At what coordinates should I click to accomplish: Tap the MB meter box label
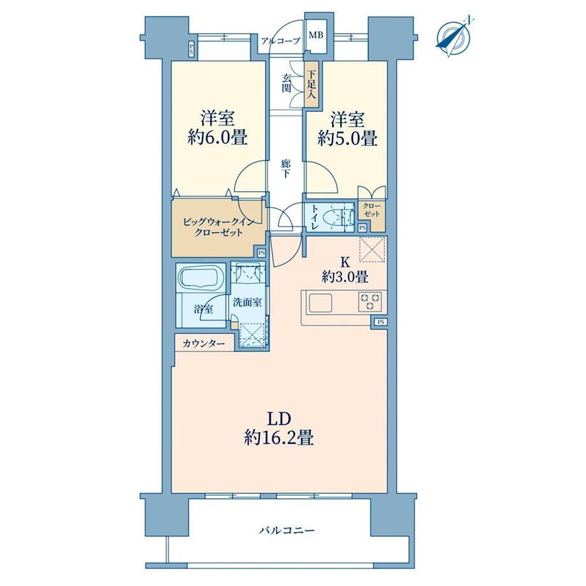pos(316,35)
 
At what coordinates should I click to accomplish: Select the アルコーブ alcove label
pos(280,41)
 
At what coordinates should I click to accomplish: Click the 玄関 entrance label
pos(287,83)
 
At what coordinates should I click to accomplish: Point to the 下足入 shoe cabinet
pos(311,85)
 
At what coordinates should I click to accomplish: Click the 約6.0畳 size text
pos(217,138)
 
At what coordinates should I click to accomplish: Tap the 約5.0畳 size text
pos(347,139)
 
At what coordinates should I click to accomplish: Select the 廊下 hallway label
pos(286,169)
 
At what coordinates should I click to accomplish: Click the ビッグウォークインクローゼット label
pos(218,227)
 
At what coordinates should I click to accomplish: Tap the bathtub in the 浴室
pos(200,278)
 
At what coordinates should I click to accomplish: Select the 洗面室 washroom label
pos(247,303)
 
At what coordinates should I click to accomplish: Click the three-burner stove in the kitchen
pos(370,301)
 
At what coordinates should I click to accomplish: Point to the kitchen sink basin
pos(320,303)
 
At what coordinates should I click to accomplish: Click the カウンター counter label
pos(204,343)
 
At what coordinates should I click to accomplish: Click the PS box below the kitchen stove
pos(380,322)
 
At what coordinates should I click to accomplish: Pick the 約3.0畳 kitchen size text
pos(345,277)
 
